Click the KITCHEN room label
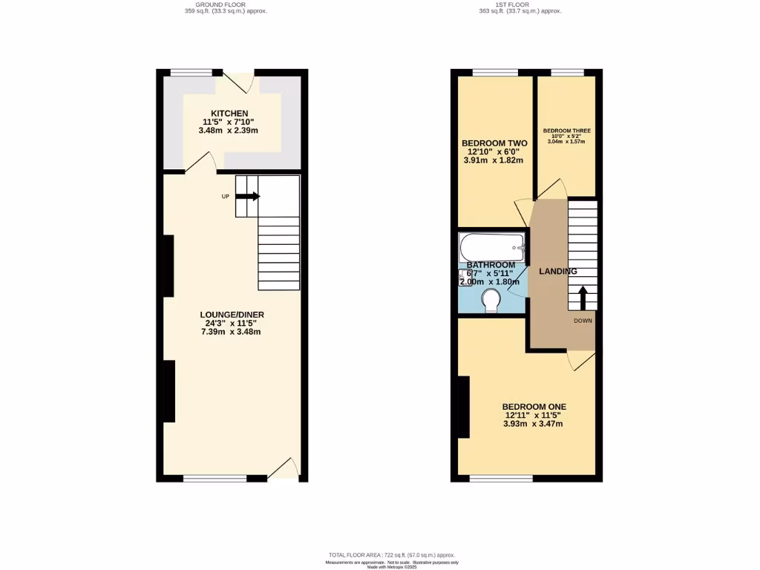pyautogui.click(x=229, y=113)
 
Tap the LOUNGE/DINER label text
pyautogui.click(x=232, y=315)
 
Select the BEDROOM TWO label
pyautogui.click(x=494, y=143)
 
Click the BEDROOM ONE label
pyautogui.click(x=534, y=407)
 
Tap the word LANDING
pyautogui.click(x=557, y=272)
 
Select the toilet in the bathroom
pyautogui.click(x=491, y=300)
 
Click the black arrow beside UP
pyautogui.click(x=248, y=196)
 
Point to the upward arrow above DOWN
pyautogui.click(x=583, y=298)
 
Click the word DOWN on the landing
pyautogui.click(x=583, y=321)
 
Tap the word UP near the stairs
pyautogui.click(x=225, y=197)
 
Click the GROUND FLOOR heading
pyautogui.click(x=225, y=4)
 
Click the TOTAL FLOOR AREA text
pyautogui.click(x=392, y=555)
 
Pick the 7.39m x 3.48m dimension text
pyautogui.click(x=231, y=332)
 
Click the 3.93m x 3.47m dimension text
pyautogui.click(x=533, y=424)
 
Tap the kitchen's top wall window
pyautogui.click(x=191, y=72)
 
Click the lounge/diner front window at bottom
pyautogui.click(x=214, y=479)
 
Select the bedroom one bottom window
pyautogui.click(x=500, y=479)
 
